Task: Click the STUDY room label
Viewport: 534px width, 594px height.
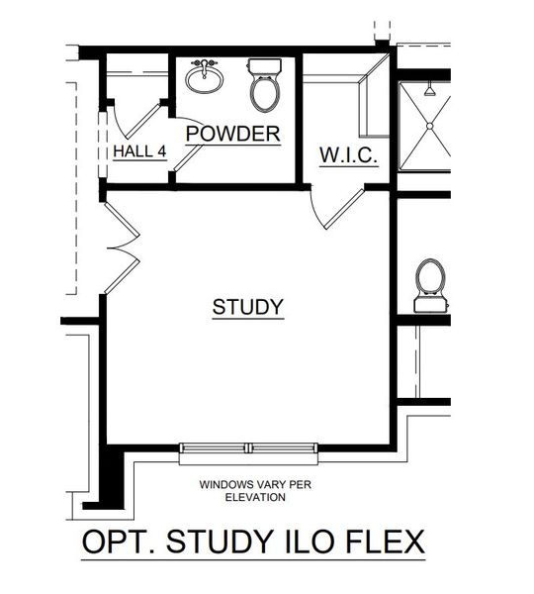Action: pyautogui.click(x=248, y=307)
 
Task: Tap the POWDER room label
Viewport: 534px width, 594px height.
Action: pyautogui.click(x=232, y=134)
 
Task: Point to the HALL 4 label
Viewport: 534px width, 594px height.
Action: pyautogui.click(x=137, y=150)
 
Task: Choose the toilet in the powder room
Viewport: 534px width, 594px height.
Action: pyautogui.click(x=263, y=85)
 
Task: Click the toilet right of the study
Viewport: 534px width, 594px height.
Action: pyautogui.click(x=430, y=283)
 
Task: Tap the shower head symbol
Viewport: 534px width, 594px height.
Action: pyautogui.click(x=429, y=90)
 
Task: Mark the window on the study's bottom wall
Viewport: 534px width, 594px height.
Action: pyautogui.click(x=248, y=450)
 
